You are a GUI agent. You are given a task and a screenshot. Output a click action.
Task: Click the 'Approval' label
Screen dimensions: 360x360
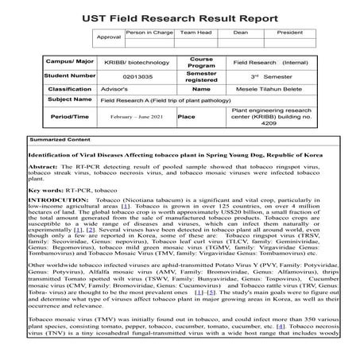(x=108, y=37)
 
